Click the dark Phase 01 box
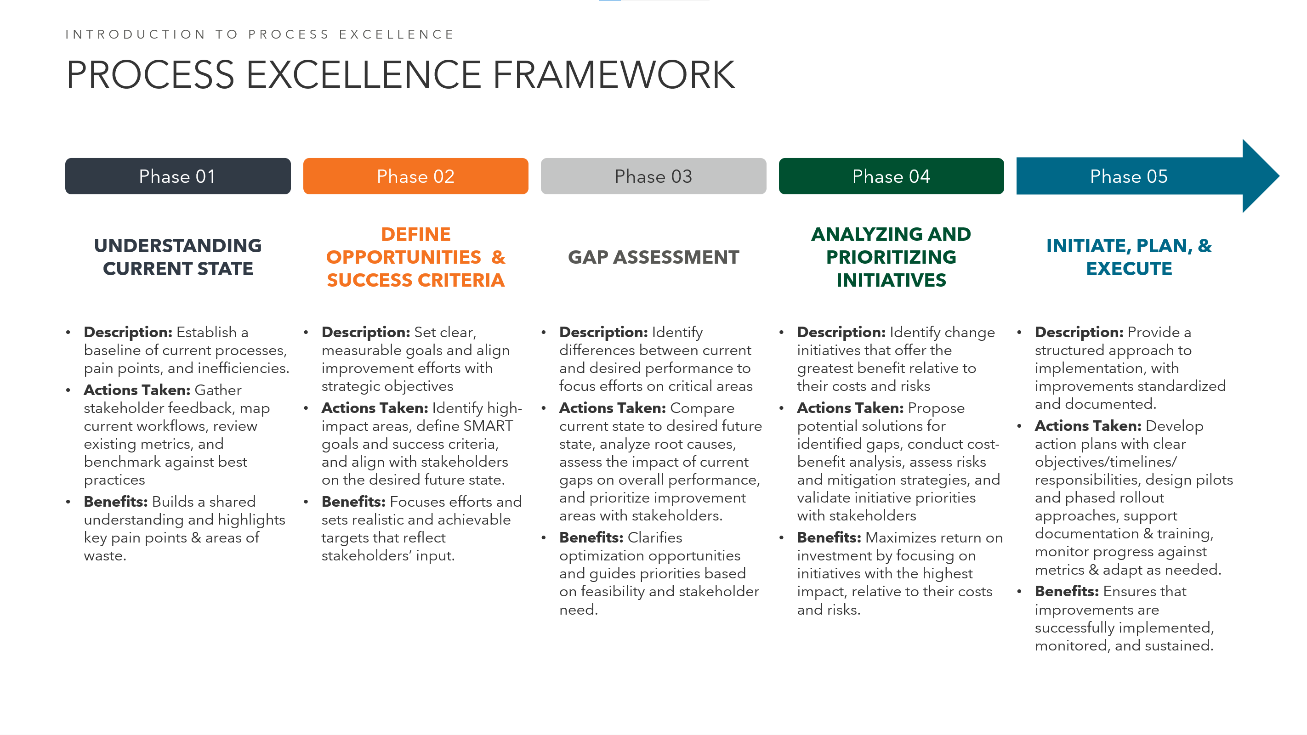point(177,176)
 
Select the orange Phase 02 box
point(415,176)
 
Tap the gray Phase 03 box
point(653,176)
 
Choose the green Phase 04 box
point(891,176)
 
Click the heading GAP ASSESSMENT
point(653,257)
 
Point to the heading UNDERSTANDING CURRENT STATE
point(177,257)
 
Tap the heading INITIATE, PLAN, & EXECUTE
point(1129,257)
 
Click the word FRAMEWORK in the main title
point(614,74)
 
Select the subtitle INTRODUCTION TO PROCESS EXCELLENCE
point(260,34)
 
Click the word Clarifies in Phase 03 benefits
point(655,537)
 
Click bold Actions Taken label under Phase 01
point(137,390)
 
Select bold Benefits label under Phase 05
point(1067,592)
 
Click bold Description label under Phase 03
point(603,332)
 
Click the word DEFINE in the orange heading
point(415,234)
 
